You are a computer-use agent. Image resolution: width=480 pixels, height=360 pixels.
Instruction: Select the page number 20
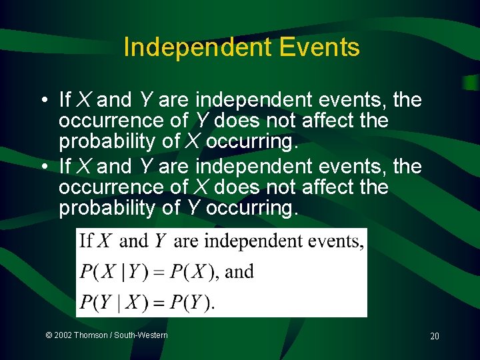pos(434,336)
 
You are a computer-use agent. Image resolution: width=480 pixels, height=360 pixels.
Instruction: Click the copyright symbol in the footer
pos(49,335)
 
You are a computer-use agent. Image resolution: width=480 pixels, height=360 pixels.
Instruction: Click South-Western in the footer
pos(141,335)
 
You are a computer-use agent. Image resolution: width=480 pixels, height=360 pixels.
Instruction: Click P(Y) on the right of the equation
pos(191,302)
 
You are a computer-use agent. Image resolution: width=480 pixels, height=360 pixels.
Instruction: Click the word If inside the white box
pos(86,241)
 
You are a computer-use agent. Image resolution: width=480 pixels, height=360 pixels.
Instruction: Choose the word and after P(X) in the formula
pos(240,272)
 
